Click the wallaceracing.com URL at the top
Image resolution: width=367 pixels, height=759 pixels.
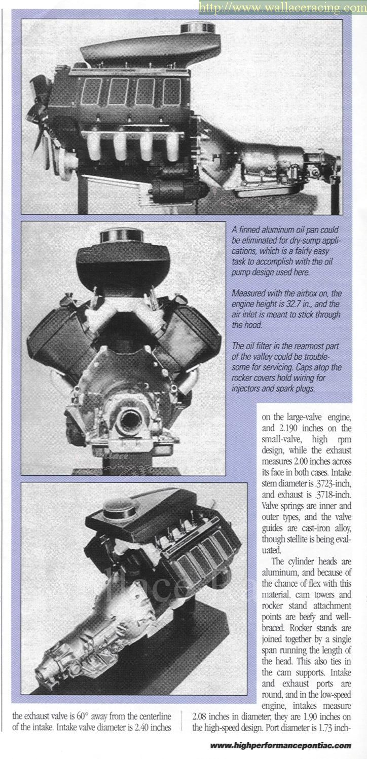click(282, 8)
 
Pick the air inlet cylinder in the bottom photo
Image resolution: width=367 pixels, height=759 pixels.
click(118, 507)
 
